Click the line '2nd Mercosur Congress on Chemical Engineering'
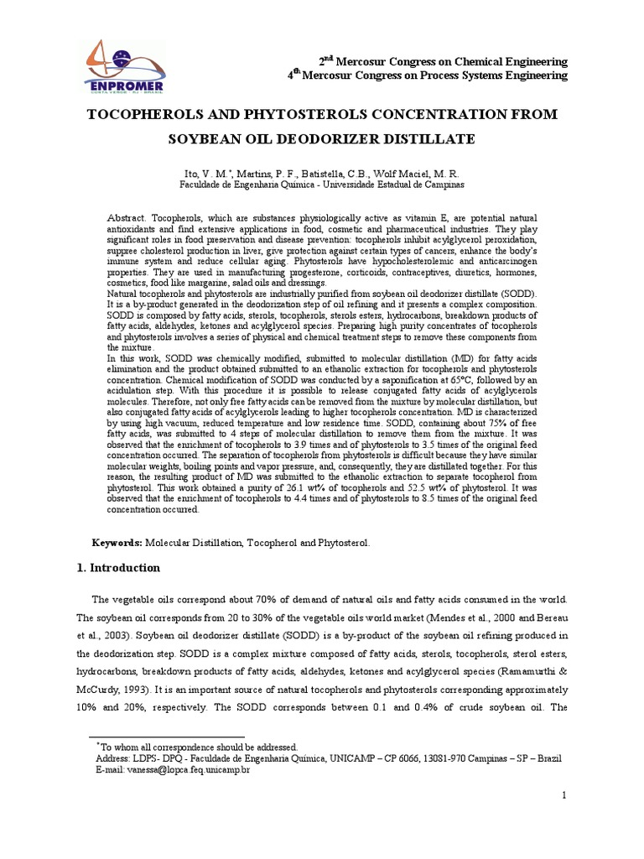coord(442,62)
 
